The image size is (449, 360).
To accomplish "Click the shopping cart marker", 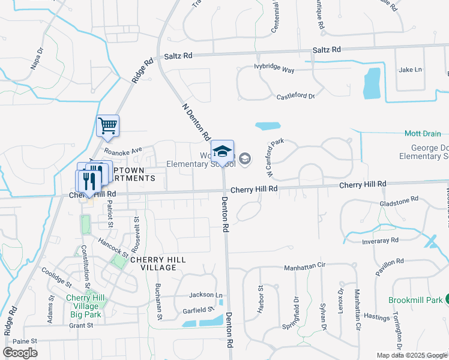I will point(108,126).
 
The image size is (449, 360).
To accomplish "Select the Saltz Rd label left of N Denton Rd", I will point(178,55).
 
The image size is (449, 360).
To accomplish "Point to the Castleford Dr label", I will point(295,96).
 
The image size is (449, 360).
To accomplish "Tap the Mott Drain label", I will point(423,134).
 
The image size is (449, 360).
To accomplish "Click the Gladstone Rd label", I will point(399,203).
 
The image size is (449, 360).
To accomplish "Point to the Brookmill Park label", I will point(415,299).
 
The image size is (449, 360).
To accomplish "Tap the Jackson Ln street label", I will point(206,295).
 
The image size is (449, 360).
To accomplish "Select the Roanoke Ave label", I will point(122,150).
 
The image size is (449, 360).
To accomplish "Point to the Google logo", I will point(20,353).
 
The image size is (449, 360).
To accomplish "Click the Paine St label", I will point(25,341).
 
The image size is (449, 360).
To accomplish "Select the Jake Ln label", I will point(411,70).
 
